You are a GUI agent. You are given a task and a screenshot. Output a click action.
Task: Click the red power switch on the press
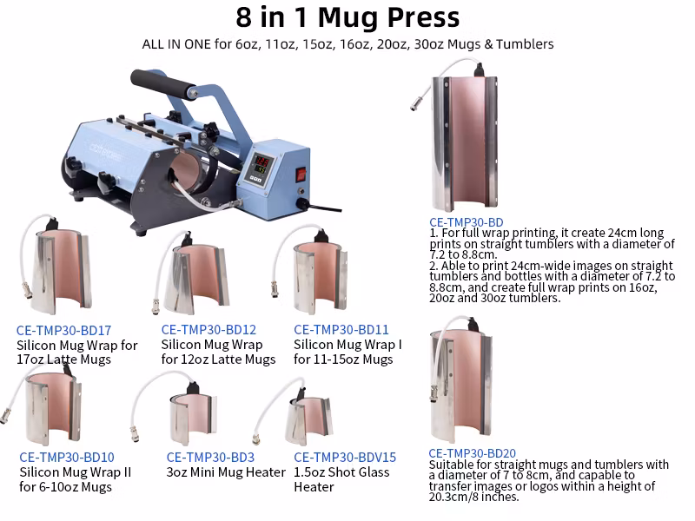[301, 174]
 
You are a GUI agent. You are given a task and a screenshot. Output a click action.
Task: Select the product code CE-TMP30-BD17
[63, 331]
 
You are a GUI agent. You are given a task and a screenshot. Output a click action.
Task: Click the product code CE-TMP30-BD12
[208, 330]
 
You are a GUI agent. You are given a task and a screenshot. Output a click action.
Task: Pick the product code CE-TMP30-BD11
[341, 330]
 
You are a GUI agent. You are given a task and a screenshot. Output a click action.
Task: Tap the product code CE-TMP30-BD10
[67, 458]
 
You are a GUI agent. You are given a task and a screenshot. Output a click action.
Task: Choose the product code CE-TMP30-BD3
[210, 458]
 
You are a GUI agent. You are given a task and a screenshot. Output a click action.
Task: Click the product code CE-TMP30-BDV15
[345, 458]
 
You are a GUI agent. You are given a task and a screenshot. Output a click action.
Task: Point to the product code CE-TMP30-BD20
[472, 453]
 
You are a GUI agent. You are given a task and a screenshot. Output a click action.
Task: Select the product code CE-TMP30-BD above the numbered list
[467, 222]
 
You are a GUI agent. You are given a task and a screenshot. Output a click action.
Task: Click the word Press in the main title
[424, 17]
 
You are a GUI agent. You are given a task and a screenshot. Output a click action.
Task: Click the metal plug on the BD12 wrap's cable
[156, 307]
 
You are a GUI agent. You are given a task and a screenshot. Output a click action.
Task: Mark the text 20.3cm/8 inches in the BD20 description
[473, 497]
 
